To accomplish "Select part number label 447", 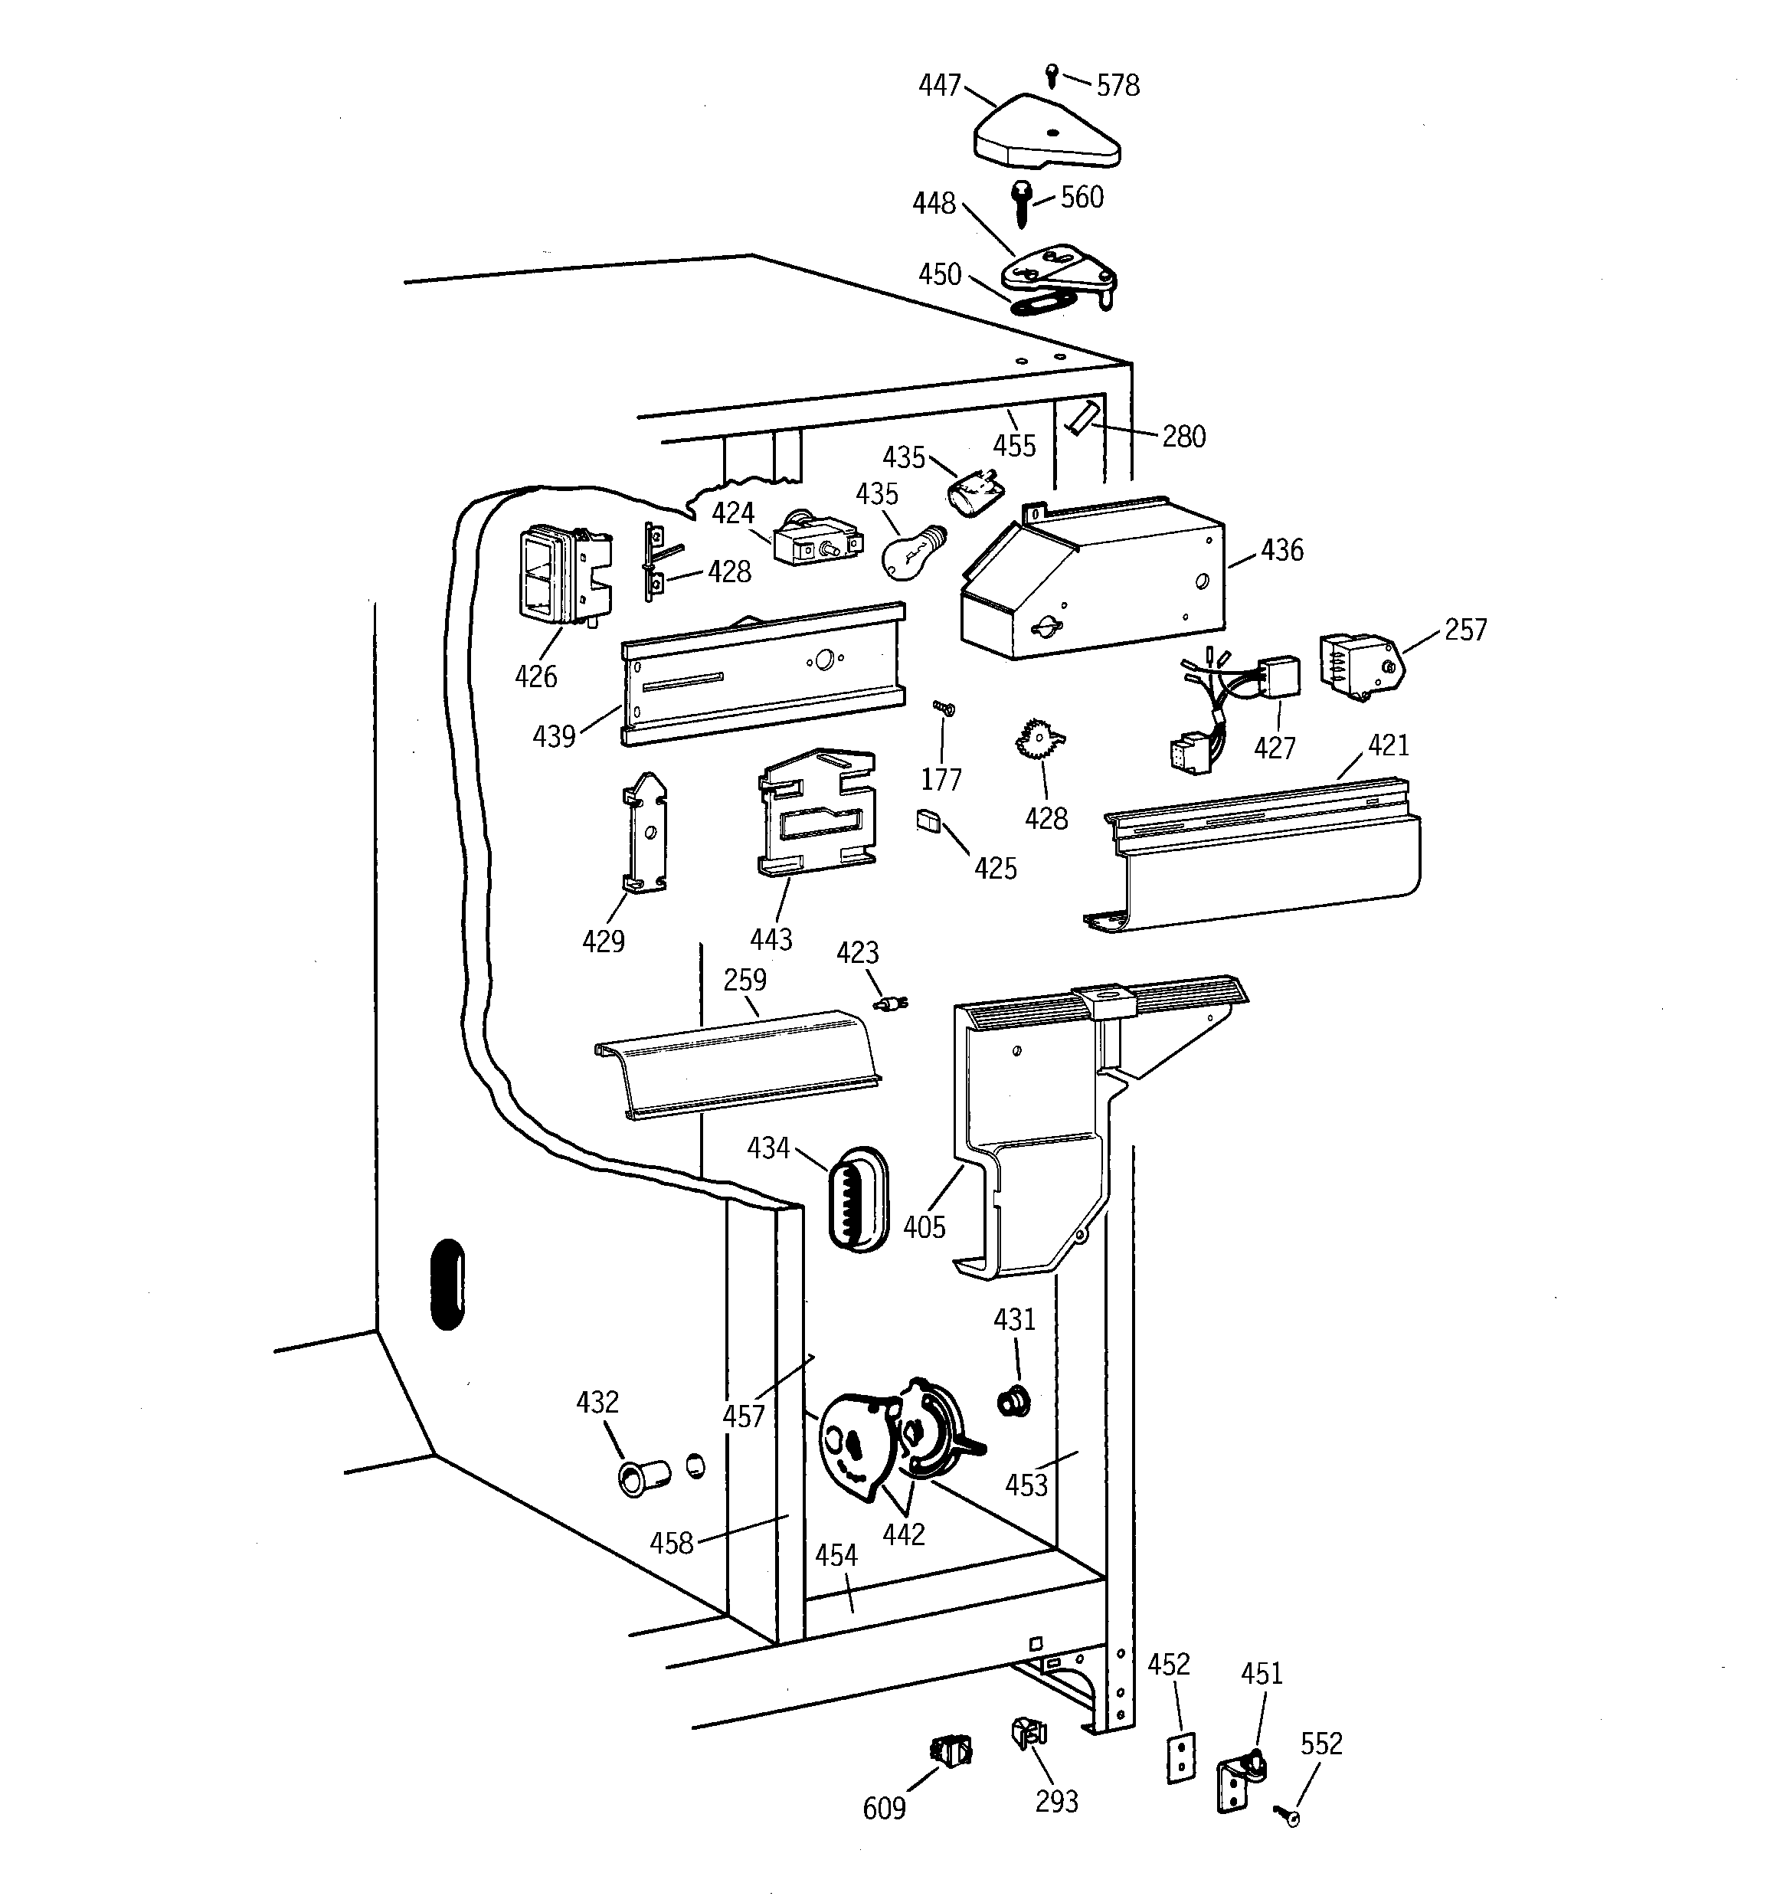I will point(940,86).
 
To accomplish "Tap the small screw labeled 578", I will point(1051,74).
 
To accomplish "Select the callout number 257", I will point(1465,630).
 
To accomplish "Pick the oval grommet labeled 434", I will point(859,1199).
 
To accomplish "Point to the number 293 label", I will point(1057,1802).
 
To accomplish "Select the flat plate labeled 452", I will point(1181,1757).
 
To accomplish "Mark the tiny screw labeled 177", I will point(944,709).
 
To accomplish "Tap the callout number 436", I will point(1282,550).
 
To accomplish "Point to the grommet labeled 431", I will point(1013,1402).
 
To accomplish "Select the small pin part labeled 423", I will point(891,1004).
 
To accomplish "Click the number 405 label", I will point(923,1226).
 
